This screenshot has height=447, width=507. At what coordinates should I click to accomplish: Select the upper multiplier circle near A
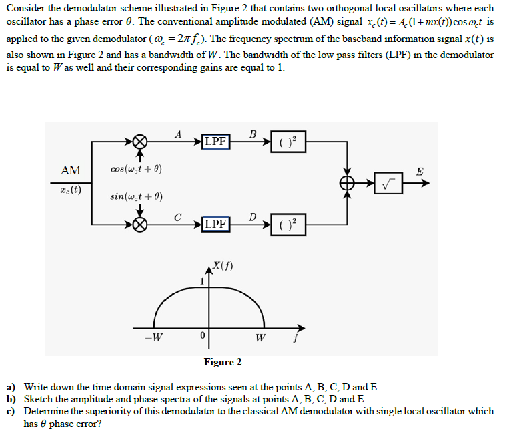pyautogui.click(x=139, y=142)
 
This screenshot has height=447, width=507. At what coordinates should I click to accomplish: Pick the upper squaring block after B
pyautogui.click(x=288, y=142)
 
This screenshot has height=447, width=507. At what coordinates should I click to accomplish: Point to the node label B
pyautogui.click(x=251, y=134)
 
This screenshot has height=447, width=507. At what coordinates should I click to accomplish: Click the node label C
pyautogui.click(x=177, y=216)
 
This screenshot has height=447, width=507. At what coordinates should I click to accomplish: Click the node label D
pyautogui.click(x=251, y=216)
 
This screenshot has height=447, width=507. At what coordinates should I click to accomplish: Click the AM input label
pyautogui.click(x=71, y=170)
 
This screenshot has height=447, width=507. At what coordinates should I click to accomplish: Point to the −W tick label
pyautogui.click(x=153, y=336)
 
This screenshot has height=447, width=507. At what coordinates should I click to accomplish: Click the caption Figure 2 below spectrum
pyautogui.click(x=223, y=362)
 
